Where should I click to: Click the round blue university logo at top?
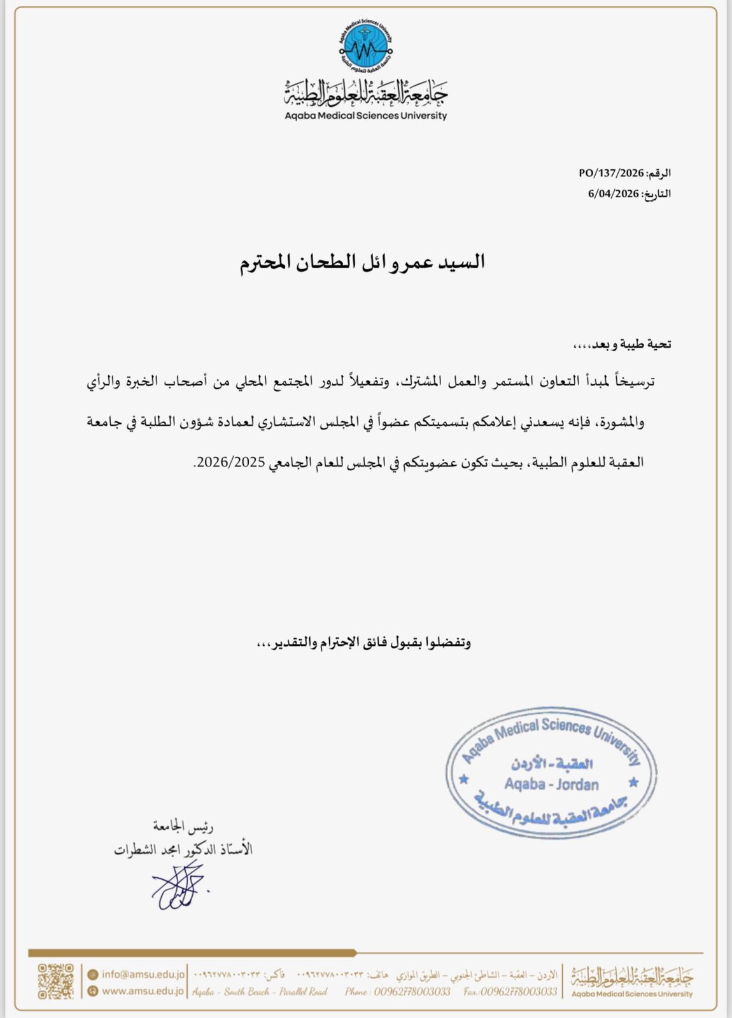(365, 46)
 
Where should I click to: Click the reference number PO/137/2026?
(611, 173)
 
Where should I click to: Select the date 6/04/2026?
(613, 193)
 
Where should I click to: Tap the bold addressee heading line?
(362, 262)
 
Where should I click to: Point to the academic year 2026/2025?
(230, 462)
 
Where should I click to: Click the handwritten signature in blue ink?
(178, 886)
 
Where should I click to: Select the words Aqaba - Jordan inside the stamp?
(551, 784)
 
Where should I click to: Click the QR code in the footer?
(56, 981)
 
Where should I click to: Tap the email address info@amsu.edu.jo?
(143, 974)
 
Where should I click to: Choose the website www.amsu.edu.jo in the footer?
(143, 991)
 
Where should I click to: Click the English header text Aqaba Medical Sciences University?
(365, 116)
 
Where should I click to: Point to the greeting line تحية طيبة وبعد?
(622, 344)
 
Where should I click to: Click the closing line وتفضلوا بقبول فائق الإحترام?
(363, 642)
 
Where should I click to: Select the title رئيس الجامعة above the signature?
(183, 826)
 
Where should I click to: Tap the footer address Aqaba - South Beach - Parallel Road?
(260, 991)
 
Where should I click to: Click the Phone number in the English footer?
(398, 991)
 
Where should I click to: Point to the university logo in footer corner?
(631, 981)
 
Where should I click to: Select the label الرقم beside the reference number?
(659, 173)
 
